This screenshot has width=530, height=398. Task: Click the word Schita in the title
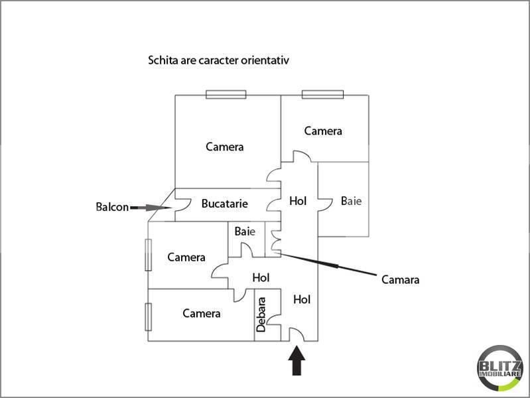coord(161,60)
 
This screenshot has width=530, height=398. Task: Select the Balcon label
coord(111,207)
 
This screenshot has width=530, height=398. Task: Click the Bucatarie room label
coord(225,204)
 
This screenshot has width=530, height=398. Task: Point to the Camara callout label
coord(400,279)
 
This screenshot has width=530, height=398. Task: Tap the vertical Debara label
coord(261,314)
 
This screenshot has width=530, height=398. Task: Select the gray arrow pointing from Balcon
coord(149,208)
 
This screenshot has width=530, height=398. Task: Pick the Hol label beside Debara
coord(302,299)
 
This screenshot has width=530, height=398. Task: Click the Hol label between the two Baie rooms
coord(298,200)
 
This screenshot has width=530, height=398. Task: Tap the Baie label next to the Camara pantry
coord(245,232)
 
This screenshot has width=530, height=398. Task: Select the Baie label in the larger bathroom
coord(351,200)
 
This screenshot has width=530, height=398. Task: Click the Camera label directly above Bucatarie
coord(224,147)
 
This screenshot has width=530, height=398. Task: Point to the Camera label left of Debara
coord(202,313)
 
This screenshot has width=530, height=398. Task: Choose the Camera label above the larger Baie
coord(323,131)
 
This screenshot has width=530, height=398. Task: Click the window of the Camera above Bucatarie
coord(226,94)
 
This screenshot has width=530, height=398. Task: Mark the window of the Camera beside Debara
coord(149,316)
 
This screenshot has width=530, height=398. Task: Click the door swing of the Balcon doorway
coord(179,206)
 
